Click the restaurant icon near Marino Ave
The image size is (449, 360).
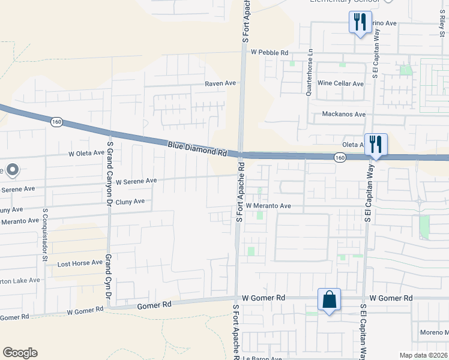tap(359, 23)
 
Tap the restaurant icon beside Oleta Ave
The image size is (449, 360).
tap(376, 145)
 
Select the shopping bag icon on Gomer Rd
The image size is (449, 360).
tap(330, 299)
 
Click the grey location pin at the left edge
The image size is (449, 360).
tap(13, 170)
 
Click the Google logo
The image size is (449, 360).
tap(20, 353)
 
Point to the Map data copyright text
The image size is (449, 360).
tap(424, 355)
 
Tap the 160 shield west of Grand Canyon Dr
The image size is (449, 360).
tap(56, 121)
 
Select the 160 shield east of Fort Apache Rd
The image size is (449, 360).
tap(340, 157)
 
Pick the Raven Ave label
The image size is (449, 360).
tap(221, 83)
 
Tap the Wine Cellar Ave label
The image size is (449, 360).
tap(340, 83)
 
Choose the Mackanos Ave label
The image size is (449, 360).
tap(343, 114)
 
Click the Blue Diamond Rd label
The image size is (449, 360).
tap(197, 148)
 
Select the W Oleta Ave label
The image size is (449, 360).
tap(87, 153)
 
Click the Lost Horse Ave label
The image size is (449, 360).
tap(80, 263)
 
